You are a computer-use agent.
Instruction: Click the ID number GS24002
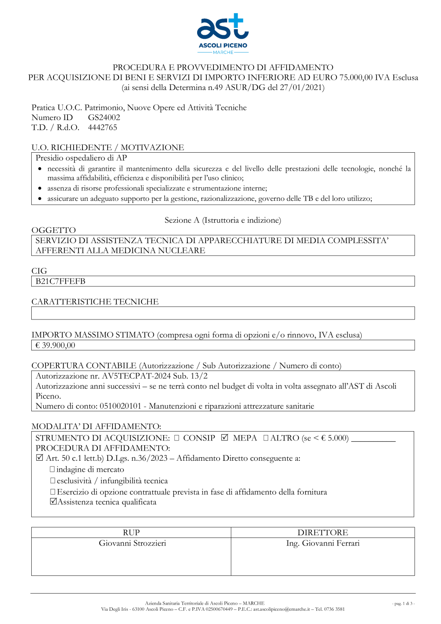(x=104, y=117)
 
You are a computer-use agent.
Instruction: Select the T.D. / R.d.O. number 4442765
(x=102, y=128)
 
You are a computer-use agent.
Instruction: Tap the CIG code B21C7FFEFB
(x=60, y=282)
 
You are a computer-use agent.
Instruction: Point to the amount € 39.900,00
(x=55, y=346)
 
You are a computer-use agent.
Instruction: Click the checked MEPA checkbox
(x=225, y=437)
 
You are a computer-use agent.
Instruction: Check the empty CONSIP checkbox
(x=177, y=438)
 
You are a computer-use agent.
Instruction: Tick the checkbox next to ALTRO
(x=266, y=438)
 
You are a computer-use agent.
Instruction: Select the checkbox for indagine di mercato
(x=52, y=469)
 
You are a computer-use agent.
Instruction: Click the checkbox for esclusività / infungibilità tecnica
(x=52, y=481)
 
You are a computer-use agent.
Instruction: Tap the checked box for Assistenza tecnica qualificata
(x=53, y=501)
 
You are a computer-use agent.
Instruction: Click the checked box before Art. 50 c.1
(x=40, y=458)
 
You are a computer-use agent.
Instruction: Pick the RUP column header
(x=131, y=533)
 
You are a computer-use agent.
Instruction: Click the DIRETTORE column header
(x=323, y=533)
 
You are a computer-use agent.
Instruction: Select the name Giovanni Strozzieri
(x=132, y=543)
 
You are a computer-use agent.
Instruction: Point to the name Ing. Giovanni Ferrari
(x=323, y=543)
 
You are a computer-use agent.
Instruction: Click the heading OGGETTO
(x=54, y=230)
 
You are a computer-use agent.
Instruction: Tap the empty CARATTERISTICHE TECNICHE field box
(x=223, y=313)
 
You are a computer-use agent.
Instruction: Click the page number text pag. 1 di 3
(x=403, y=604)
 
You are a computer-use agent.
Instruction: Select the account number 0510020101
(x=120, y=406)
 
